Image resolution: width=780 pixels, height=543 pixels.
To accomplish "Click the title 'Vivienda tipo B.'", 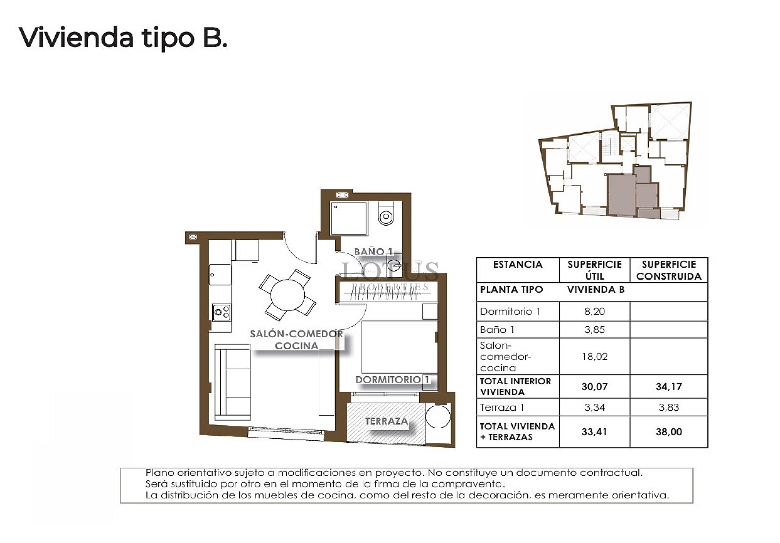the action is tap(123, 38).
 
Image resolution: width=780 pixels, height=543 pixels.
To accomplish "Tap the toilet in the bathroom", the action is tap(386, 213).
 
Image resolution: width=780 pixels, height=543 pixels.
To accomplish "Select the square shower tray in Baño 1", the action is tap(349, 218).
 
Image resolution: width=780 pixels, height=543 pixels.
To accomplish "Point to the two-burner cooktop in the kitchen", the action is tap(222, 312).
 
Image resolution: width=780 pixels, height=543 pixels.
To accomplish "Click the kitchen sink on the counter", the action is tap(220, 275).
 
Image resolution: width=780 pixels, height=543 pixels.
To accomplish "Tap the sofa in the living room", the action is tap(232, 382).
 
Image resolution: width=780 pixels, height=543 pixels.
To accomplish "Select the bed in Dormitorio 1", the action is tap(399, 347).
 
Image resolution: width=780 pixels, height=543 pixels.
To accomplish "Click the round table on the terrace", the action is tap(438, 416).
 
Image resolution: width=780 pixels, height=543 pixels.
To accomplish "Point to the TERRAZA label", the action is tap(386, 421).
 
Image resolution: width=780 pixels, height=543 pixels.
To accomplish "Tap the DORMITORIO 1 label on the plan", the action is tap(392, 380).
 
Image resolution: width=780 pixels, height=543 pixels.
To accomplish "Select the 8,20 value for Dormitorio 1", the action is tap(594, 311).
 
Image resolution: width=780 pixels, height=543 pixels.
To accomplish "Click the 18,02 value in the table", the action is tap(594, 356).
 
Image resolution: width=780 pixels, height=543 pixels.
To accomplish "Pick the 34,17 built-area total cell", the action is tap(669, 386).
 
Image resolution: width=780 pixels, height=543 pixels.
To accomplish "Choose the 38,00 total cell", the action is tap(669, 431).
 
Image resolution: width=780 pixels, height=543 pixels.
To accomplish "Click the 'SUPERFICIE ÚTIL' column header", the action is tap(594, 270).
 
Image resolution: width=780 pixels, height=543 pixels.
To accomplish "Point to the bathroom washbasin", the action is tap(394, 265).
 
